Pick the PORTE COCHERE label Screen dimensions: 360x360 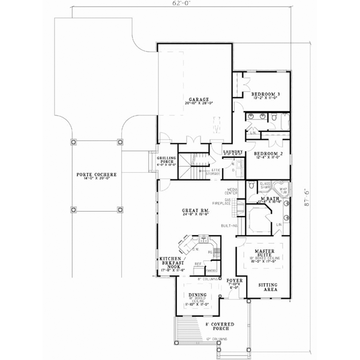coord(97,175)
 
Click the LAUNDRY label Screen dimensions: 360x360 coord(232,152)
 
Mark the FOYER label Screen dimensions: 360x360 coord(234,280)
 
